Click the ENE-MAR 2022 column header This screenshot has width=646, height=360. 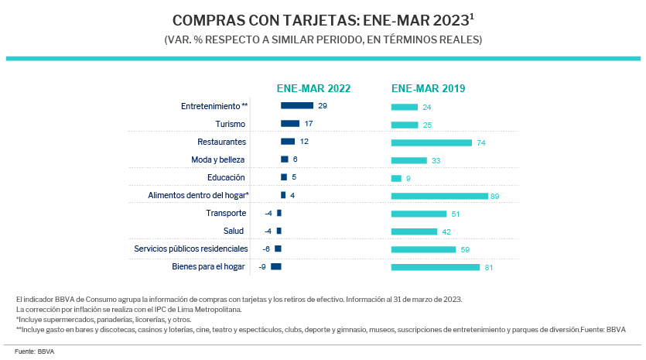314,88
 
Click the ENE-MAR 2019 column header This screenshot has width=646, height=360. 428,88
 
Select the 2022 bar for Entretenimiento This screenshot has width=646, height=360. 296,105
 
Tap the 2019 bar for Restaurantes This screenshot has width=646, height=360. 432,142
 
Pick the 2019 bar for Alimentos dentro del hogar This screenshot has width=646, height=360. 439,196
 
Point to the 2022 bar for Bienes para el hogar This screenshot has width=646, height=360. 276,267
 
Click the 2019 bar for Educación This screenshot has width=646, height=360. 396,178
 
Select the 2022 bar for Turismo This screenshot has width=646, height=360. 290,123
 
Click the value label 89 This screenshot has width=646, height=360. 495,197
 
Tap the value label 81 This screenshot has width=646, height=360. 489,268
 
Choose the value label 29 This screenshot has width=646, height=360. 323,105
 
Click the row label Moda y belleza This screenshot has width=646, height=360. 219,159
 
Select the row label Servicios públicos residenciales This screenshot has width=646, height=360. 191,249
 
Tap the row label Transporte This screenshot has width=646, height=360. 226,213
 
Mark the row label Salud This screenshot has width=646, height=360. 234,231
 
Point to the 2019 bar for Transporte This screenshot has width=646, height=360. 419,214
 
